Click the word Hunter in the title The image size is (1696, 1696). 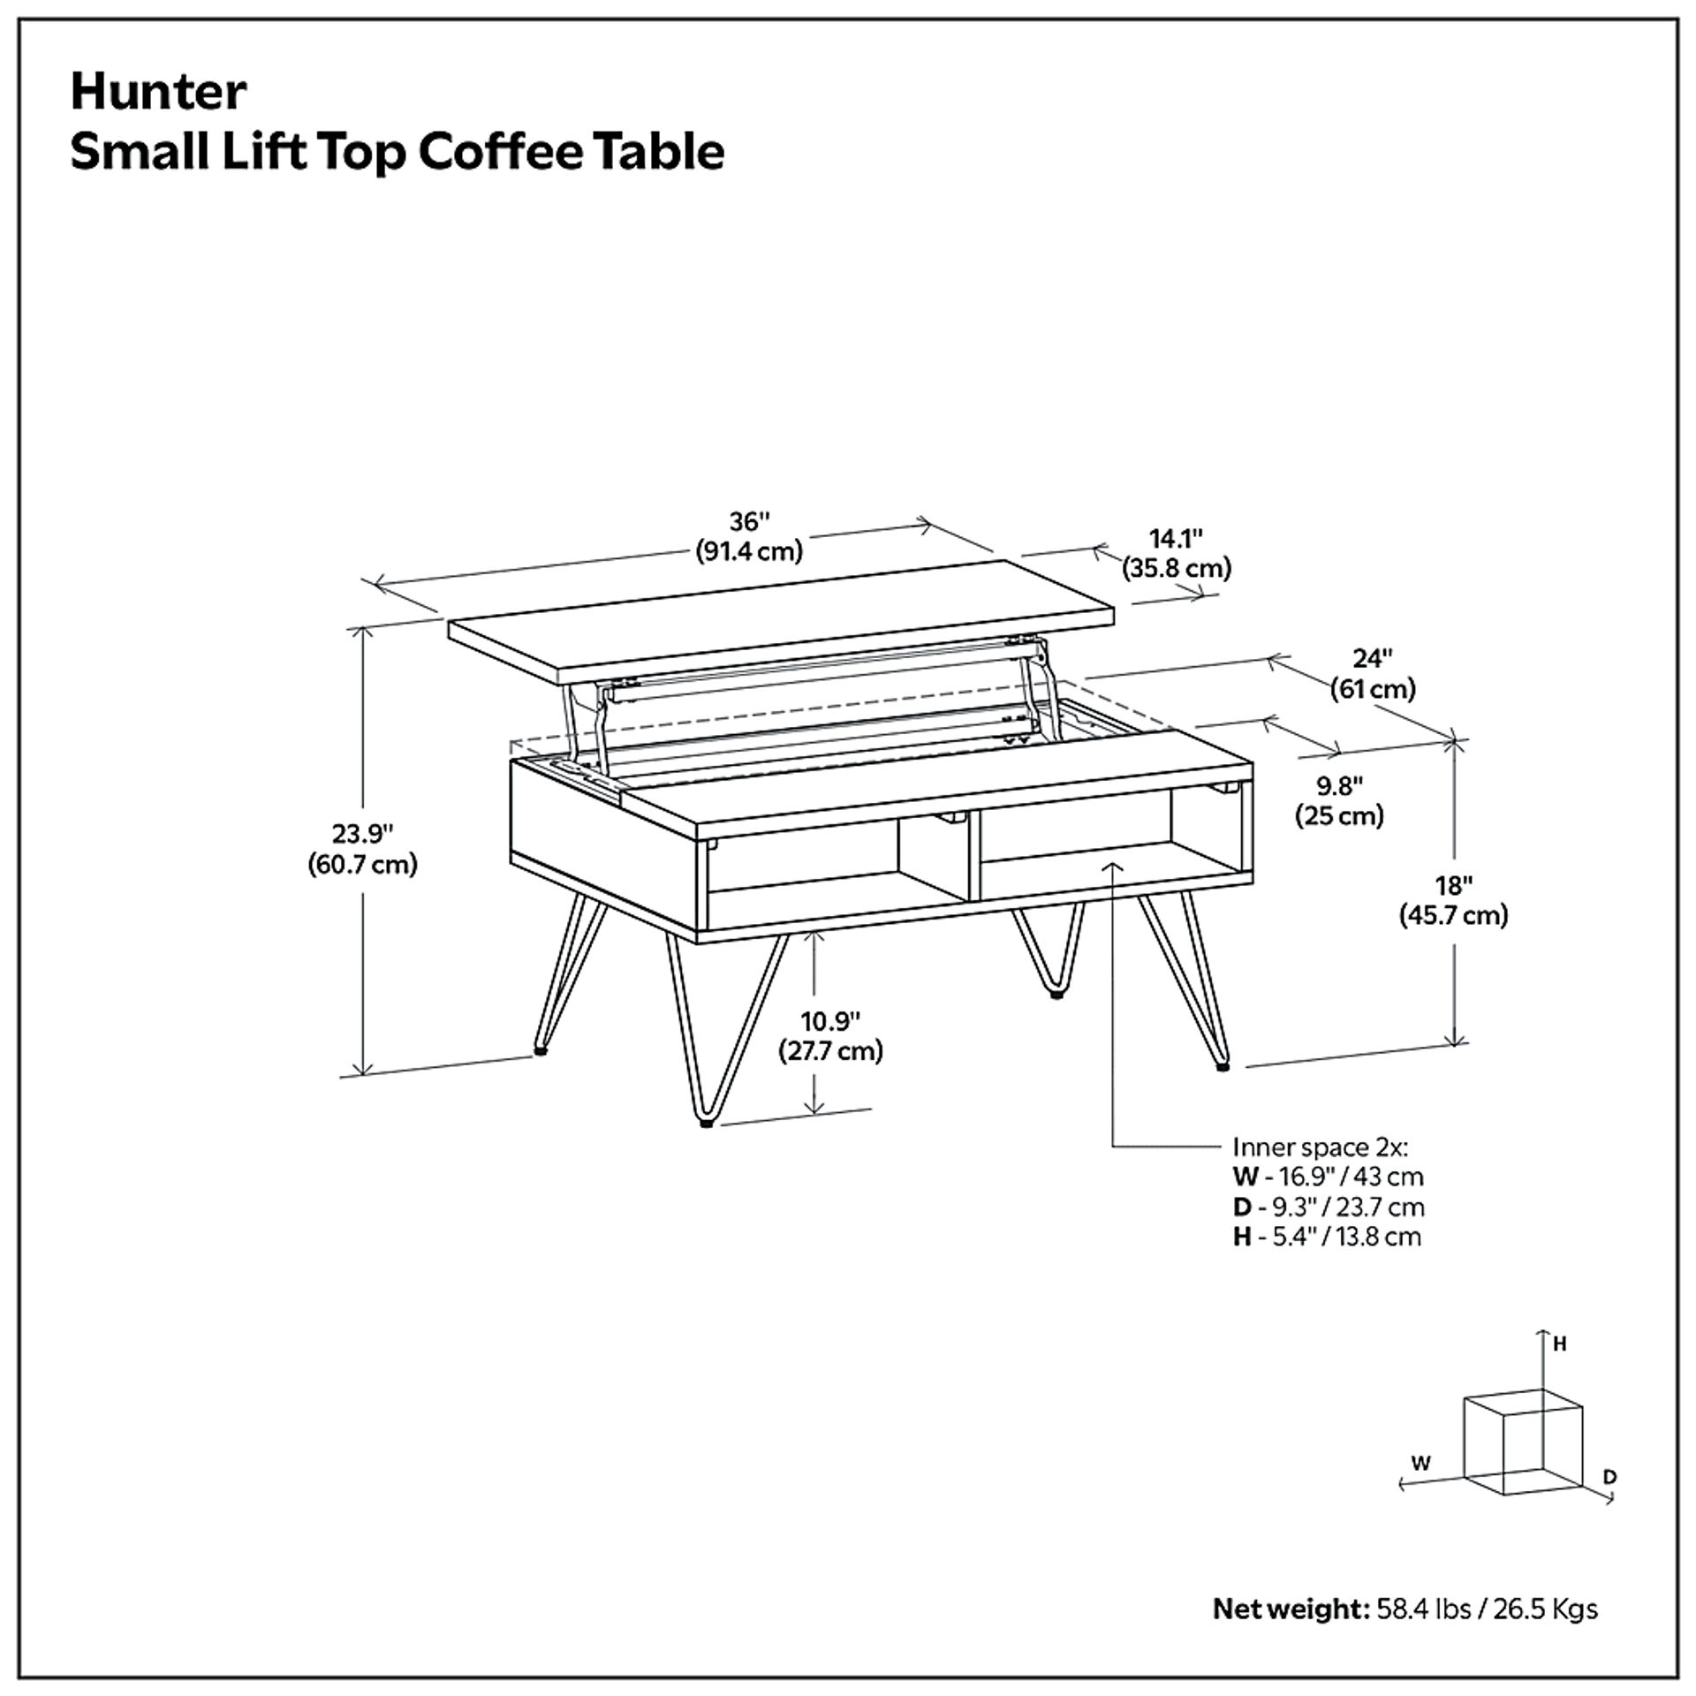[x=158, y=92]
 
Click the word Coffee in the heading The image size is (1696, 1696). [x=501, y=152]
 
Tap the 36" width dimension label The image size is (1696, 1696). [x=749, y=521]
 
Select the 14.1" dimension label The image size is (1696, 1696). [x=1176, y=538]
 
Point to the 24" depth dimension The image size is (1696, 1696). [x=1373, y=658]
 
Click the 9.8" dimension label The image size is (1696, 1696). [x=1339, y=784]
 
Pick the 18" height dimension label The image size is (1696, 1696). [x=1453, y=885]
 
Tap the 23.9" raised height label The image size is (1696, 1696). [x=362, y=833]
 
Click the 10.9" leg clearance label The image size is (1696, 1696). [x=830, y=1021]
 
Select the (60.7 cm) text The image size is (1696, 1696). [x=362, y=864]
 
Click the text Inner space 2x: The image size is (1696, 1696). [x=1320, y=1147]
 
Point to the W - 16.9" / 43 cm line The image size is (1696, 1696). [x=1328, y=1177]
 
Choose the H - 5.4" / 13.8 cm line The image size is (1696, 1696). [x=1327, y=1237]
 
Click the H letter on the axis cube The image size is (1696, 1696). [x=1559, y=1344]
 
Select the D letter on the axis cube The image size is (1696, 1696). [x=1609, y=1477]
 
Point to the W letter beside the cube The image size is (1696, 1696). [x=1420, y=1463]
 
